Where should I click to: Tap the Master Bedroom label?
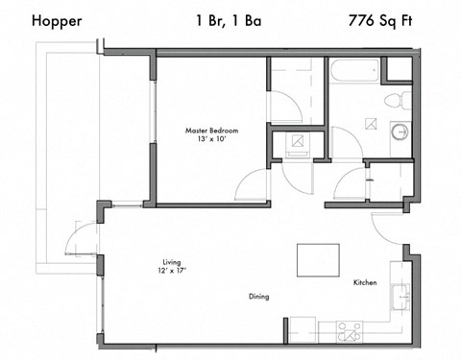[x=211, y=130]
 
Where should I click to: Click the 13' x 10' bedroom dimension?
[x=211, y=140]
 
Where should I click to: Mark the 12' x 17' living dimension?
[x=172, y=271]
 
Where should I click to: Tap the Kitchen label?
[x=364, y=283]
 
